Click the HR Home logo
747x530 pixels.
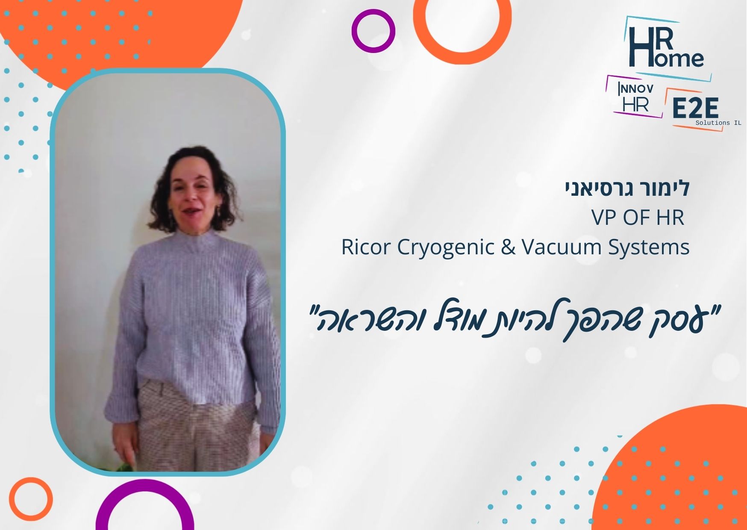tap(667, 48)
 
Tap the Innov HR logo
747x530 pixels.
tap(635, 97)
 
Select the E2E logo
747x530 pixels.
tap(695, 109)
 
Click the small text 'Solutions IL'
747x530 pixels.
tap(718, 123)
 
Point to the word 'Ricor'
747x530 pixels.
tap(366, 247)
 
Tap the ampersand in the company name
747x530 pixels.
tap(508, 247)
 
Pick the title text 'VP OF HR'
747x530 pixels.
tap(638, 218)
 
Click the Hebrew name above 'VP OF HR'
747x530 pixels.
tap(627, 188)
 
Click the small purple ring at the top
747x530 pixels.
tap(373, 31)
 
